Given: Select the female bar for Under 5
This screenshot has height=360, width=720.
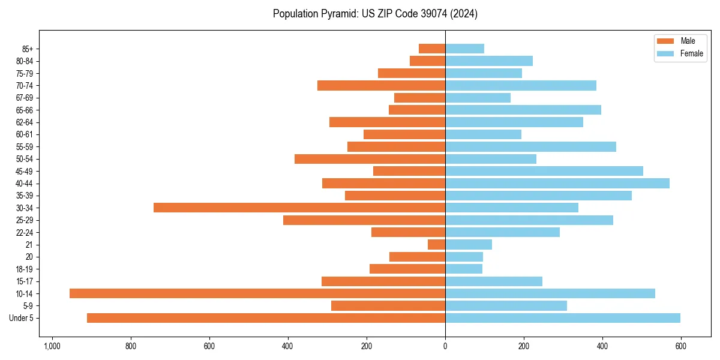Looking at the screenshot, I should coord(562,318).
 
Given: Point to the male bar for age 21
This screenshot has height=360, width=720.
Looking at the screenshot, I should coord(436,244).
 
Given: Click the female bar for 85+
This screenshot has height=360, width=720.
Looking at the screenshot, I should coord(464,49).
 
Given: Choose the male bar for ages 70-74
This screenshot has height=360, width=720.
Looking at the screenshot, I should coord(381,86).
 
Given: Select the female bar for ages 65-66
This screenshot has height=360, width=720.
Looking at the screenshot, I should coord(523,110).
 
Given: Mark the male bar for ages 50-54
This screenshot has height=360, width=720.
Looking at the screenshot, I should coord(370,159).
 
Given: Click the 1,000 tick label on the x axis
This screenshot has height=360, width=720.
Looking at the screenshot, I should coord(52,347).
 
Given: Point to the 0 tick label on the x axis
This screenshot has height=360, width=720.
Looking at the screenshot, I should coord(445,347).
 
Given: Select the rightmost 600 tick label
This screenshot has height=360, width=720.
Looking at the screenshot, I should coord(680,347).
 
